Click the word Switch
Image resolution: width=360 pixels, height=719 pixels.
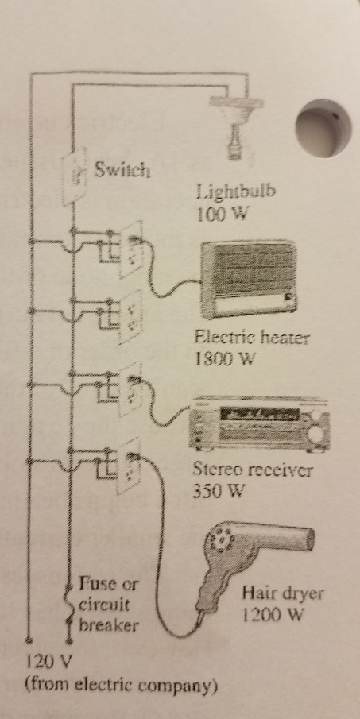tap(122, 170)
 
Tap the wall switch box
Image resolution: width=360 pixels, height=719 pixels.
tap(75, 176)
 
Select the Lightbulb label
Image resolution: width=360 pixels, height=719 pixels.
tap(236, 192)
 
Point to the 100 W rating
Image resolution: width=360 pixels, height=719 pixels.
tap(218, 215)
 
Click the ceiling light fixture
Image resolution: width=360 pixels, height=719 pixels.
tap(236, 123)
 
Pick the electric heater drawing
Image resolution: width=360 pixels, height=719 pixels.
tap(249, 280)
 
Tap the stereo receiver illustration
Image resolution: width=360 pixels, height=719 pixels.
tap(260, 422)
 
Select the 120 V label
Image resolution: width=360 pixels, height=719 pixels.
tap(47, 661)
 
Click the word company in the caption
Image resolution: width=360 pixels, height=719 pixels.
tap(183, 686)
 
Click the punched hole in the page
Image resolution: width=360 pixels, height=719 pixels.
tap(323, 129)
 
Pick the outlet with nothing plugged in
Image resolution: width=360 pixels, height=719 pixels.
tap(130, 317)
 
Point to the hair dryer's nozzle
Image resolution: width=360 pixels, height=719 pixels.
tap(297, 538)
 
